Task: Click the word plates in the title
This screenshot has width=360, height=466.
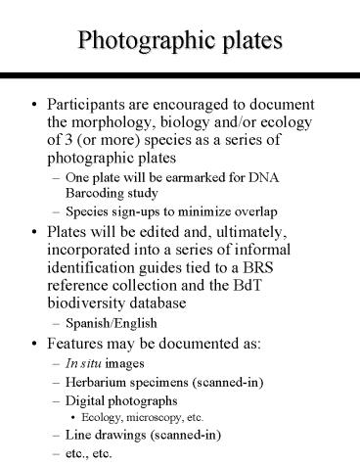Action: pos(259,42)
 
